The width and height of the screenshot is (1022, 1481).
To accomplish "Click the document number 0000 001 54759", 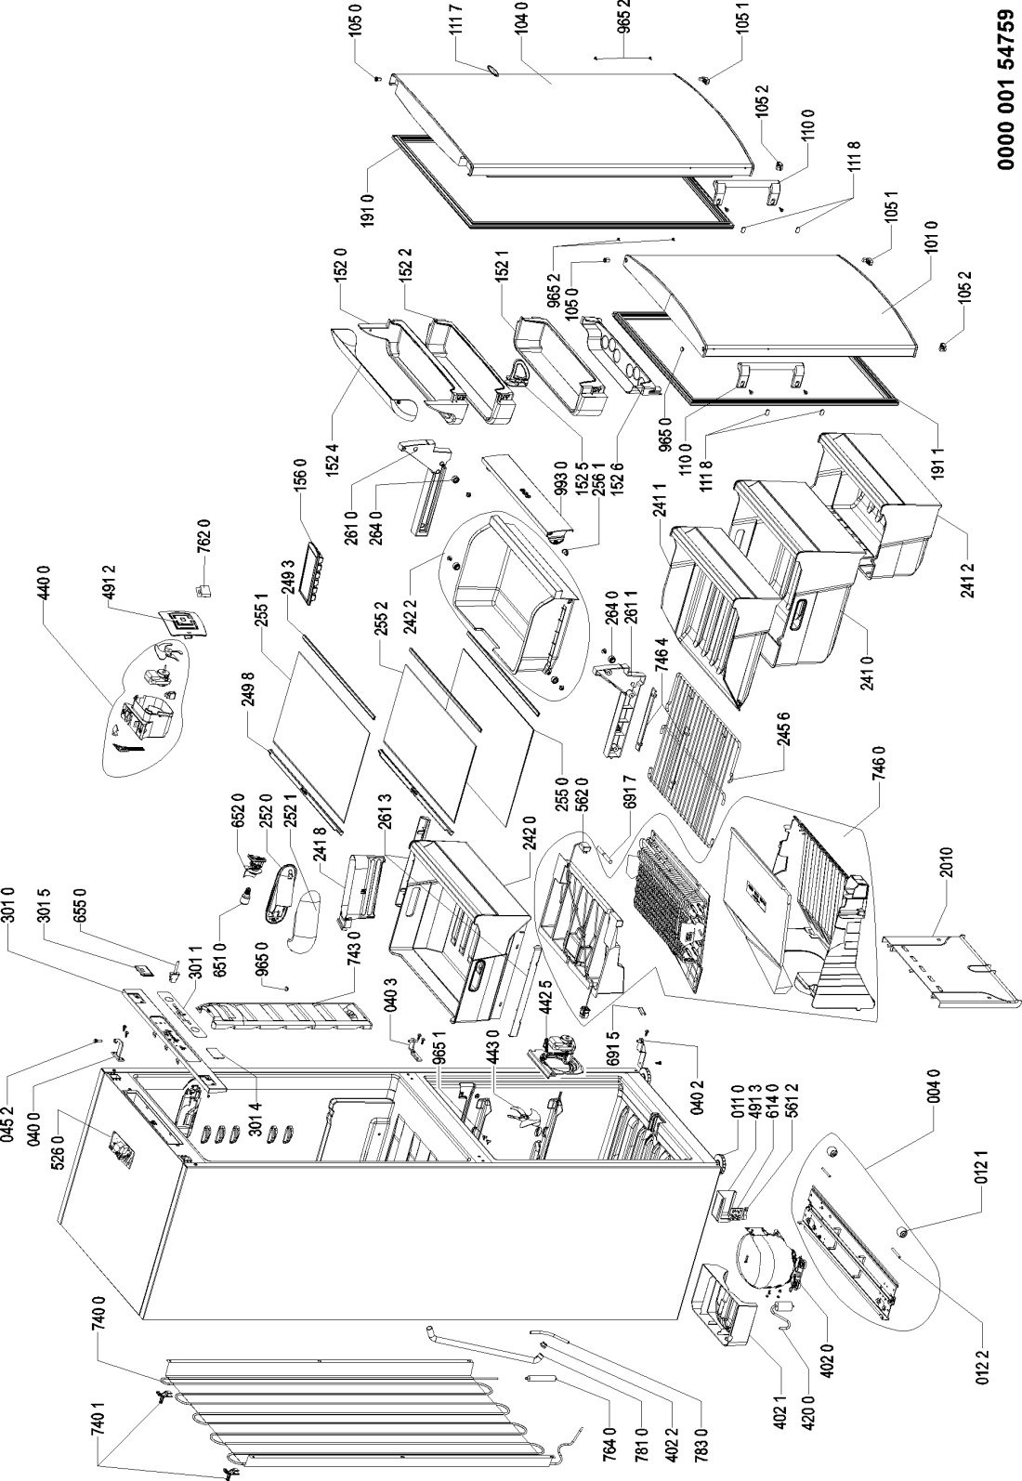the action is click(1005, 98).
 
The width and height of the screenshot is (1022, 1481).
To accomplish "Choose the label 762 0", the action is click(205, 537).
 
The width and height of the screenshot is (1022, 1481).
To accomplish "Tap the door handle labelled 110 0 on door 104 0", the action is click(747, 190).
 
